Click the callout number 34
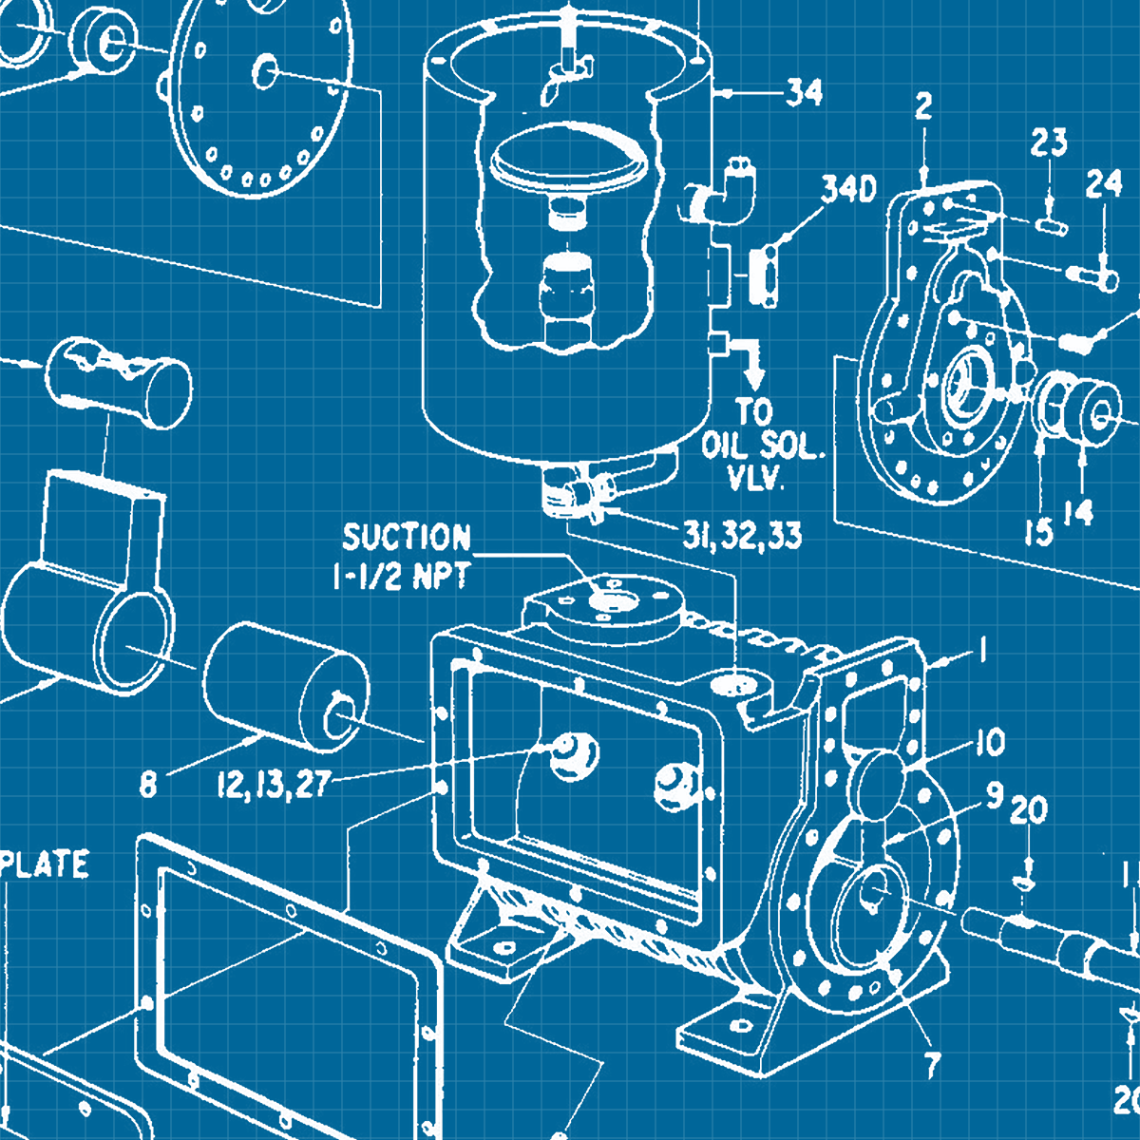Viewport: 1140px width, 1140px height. click(x=804, y=93)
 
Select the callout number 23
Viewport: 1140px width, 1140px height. click(x=1049, y=143)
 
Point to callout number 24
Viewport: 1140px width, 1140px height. click(x=1104, y=186)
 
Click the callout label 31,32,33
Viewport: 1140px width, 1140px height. click(x=742, y=536)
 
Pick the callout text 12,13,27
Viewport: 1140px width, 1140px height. click(x=273, y=785)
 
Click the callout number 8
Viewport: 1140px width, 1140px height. click(x=148, y=786)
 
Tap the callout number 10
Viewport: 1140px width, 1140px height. click(x=990, y=742)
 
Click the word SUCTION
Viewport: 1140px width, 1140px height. click(x=407, y=538)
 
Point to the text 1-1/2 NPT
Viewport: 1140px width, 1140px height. click(x=401, y=577)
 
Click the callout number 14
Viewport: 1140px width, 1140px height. click(x=1078, y=513)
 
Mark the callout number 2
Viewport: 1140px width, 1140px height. click(x=923, y=107)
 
